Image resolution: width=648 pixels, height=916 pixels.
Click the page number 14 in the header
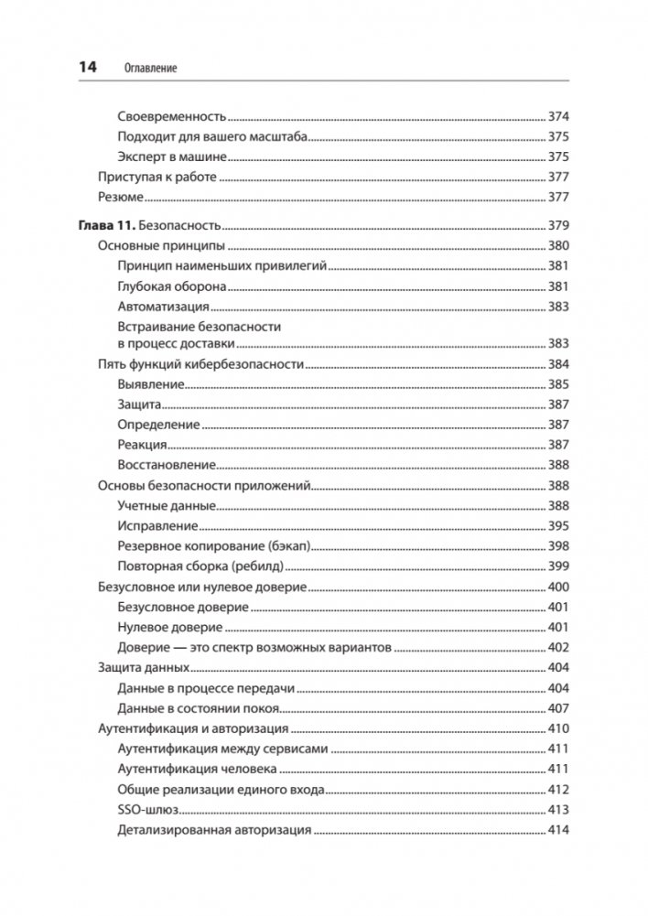click(x=88, y=68)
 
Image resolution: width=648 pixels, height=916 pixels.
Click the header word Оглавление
click(x=148, y=69)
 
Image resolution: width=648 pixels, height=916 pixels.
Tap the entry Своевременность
click(x=172, y=117)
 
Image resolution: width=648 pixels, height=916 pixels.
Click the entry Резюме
click(x=120, y=197)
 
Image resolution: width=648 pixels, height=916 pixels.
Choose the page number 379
click(x=558, y=225)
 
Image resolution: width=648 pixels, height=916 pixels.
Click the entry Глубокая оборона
click(x=172, y=286)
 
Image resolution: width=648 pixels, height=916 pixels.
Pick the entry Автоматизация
click(x=164, y=306)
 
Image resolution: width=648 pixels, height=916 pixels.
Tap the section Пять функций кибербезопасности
click(x=200, y=364)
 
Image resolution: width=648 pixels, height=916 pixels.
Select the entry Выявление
click(x=152, y=384)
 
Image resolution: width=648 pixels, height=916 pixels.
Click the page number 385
click(x=558, y=384)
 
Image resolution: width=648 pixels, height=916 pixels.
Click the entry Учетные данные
click(x=167, y=505)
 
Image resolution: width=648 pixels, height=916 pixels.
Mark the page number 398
click(x=558, y=545)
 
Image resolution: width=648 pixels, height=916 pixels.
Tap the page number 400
click(x=558, y=586)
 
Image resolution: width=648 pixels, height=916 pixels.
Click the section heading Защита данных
click(x=143, y=667)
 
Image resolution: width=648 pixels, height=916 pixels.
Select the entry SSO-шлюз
click(x=148, y=810)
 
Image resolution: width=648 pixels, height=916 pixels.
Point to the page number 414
click(x=558, y=830)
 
